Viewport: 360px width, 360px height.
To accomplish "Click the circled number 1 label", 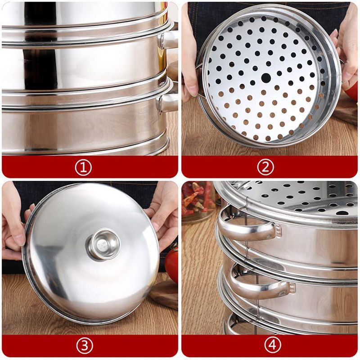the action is click(83, 167).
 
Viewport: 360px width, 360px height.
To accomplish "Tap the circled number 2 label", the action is click(265, 167).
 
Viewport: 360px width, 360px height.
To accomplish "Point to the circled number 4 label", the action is click(273, 345).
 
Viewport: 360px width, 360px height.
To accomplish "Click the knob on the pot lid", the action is click(103, 244).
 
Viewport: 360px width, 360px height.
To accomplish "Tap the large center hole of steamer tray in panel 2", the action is click(266, 78).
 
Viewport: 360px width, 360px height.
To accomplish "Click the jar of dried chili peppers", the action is click(199, 202).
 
